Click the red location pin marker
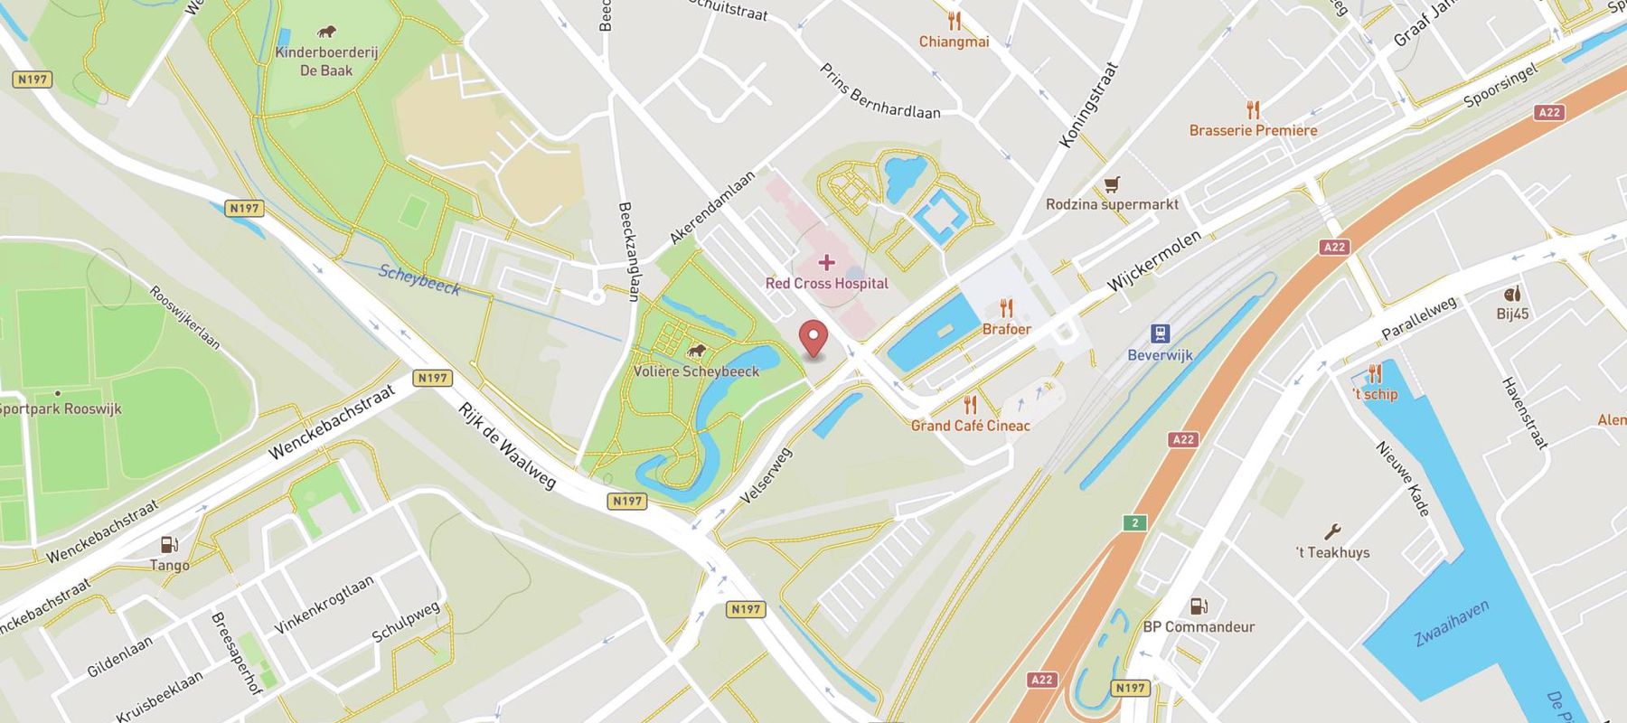[x=814, y=339]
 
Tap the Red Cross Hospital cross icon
[x=826, y=263]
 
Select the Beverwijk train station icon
[x=1161, y=333]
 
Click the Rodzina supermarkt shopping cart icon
[x=1112, y=184]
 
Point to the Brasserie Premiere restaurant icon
[x=1253, y=110]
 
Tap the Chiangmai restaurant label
[x=954, y=42]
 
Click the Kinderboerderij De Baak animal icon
[x=326, y=33]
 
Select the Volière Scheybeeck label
[x=696, y=371]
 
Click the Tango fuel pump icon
[x=169, y=544]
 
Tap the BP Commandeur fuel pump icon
[x=1199, y=606]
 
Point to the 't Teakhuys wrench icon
[x=1331, y=532]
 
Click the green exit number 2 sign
[x=1134, y=522]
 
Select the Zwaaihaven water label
[x=1452, y=624]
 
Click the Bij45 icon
[x=1512, y=294]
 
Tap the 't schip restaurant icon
[x=1374, y=373]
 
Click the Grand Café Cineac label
[x=970, y=426]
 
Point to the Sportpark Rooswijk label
[x=61, y=408]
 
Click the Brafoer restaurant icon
[x=1006, y=309]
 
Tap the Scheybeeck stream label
[x=419, y=280]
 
